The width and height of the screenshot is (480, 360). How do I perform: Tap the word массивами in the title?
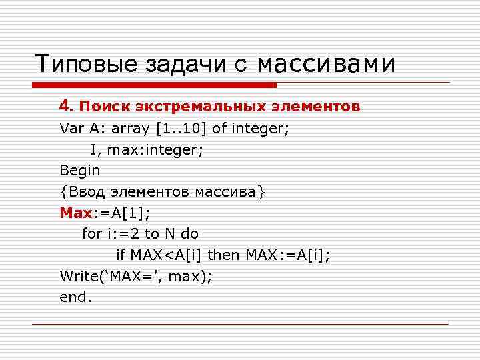coord(326,64)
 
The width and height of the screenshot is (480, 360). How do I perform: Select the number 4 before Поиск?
coord(64,106)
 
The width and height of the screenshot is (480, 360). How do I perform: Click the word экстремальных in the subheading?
coord(181,106)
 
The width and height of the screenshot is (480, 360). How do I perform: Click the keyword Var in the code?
coord(70,128)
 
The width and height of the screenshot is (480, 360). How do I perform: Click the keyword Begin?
coord(79,170)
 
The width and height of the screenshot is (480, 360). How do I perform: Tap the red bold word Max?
coord(75,213)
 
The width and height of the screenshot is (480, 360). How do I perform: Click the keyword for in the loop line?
coord(91,234)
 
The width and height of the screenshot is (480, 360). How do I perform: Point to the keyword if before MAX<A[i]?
coord(121,255)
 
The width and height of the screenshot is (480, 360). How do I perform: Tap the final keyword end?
coord(75,298)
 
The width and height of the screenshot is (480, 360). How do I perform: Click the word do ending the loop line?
coord(189,234)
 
